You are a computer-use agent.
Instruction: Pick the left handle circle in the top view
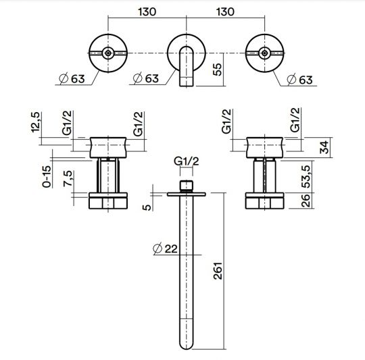tap(107, 52)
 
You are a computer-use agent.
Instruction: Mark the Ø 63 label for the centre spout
tap(146, 78)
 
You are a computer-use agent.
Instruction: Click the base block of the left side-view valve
tap(107, 202)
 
